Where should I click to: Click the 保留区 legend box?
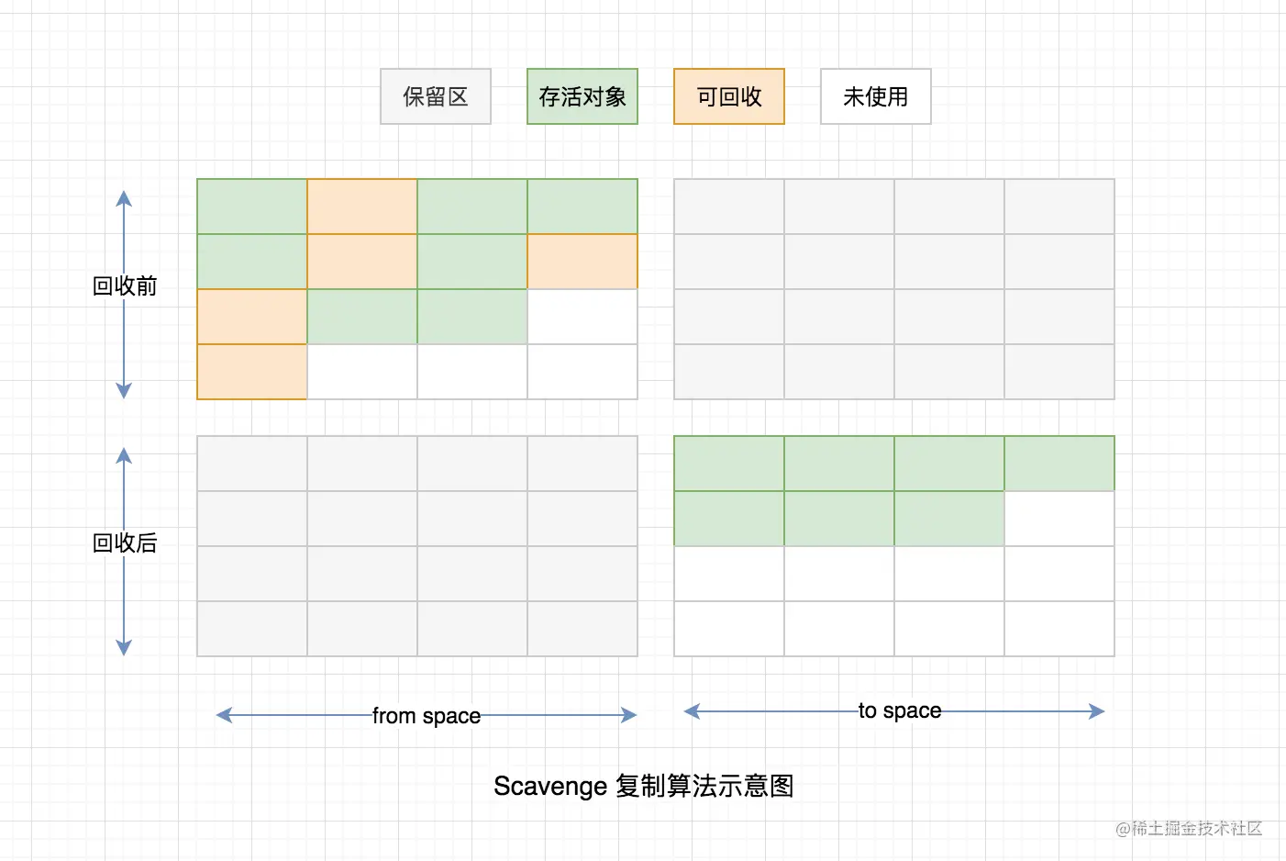436,96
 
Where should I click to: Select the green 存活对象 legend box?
582,96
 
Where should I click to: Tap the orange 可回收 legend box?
729,96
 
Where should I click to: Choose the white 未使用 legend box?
876,96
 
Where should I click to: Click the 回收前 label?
125,286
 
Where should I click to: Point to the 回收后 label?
125,543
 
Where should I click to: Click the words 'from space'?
427,716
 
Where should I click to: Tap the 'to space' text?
900,710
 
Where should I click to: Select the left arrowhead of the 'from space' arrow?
223,715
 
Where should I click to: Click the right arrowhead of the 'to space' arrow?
1097,710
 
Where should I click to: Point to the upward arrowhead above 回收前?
124,197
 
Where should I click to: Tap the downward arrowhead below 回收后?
124,648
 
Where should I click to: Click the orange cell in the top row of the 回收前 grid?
362,207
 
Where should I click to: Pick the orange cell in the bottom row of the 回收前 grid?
252,372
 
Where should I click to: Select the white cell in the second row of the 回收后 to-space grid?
1059,519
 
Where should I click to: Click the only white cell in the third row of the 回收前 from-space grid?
582,317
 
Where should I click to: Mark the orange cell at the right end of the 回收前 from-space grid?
582,262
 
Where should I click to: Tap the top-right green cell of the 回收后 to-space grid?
1059,464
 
